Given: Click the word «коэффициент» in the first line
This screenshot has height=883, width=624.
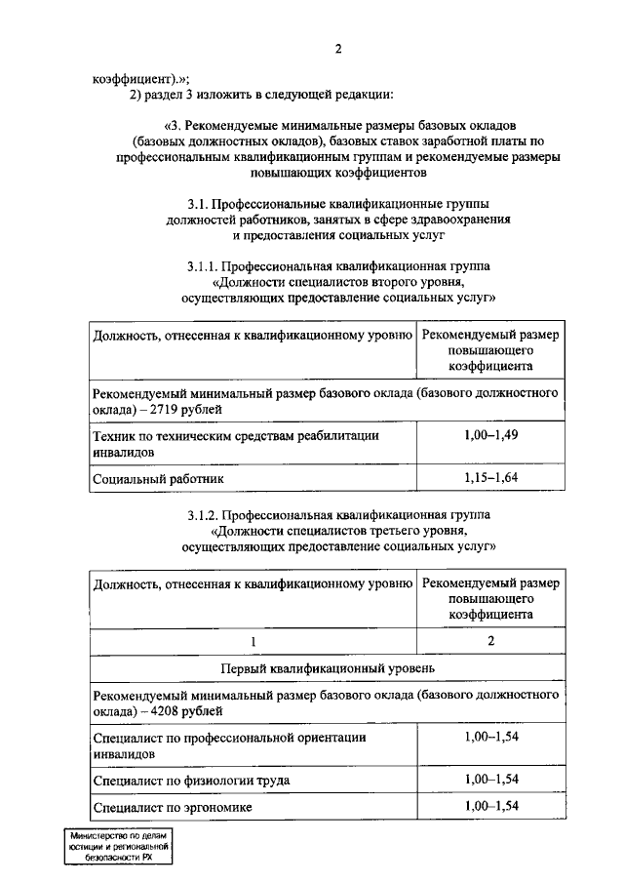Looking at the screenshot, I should point(132,79).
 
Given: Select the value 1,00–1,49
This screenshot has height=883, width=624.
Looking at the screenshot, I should point(490,434).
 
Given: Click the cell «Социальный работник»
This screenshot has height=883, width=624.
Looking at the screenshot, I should point(158,479).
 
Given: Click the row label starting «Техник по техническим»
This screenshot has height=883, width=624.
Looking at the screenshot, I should point(235,435).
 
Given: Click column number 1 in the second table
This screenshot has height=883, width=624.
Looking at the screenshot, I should point(253,640).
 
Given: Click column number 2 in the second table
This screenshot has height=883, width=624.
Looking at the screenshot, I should point(490,640).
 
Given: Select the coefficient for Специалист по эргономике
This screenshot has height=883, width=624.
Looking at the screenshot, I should point(490,806).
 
